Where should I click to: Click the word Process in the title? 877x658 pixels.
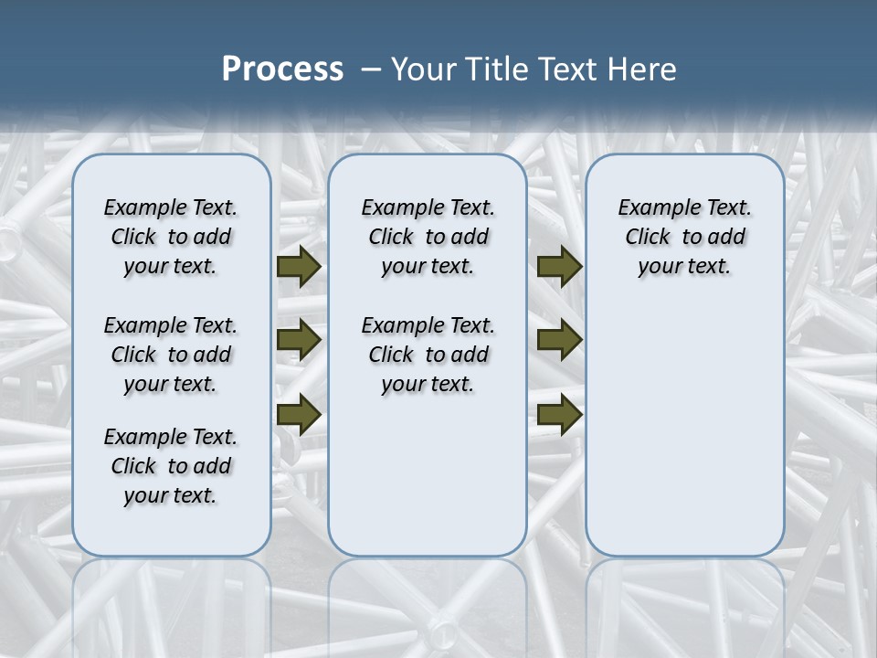282,69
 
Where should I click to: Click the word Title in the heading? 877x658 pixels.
494,69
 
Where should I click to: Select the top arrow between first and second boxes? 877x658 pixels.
299,267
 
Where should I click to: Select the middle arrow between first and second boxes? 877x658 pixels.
299,340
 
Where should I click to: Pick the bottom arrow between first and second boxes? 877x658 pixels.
299,414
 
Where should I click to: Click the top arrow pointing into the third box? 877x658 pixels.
559,267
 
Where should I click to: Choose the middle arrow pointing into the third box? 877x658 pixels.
559,340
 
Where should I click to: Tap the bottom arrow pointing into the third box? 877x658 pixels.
559,414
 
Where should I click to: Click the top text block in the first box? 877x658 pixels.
171,237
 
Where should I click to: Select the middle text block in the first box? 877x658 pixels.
171,355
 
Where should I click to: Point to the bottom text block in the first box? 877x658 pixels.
171,466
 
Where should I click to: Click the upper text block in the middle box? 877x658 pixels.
428,237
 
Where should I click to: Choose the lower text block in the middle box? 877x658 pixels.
428,355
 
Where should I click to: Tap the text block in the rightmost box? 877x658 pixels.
685,237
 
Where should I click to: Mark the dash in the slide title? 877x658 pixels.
371,70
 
